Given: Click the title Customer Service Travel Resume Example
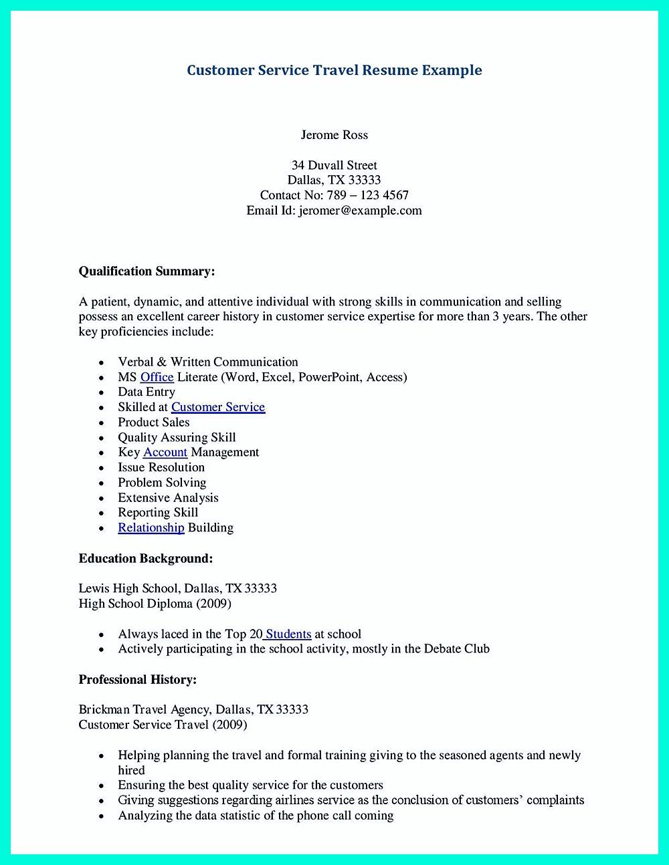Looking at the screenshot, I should pos(334,70).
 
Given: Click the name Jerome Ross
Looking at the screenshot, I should pos(334,135).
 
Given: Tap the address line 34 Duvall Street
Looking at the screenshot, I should pos(334,165).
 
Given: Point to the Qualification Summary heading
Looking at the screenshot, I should pos(147,271).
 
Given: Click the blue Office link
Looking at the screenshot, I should pos(157,377).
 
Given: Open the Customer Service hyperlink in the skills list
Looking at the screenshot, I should pos(218,407).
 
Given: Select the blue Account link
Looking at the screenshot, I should pos(165,453).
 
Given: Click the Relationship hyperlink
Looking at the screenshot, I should pos(151,527).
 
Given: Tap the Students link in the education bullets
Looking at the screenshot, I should pos(288,634).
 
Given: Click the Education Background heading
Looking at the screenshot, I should pos(146,558).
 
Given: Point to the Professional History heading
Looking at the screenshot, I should pos(138,680).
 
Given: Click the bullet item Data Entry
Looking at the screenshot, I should pos(147,392).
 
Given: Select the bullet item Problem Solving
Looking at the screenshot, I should pos(162,483).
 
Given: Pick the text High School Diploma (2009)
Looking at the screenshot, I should pos(155,604).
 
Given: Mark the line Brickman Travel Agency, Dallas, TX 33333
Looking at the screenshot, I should pos(193,709).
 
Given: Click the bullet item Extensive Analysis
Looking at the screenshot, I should pos(168,498).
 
